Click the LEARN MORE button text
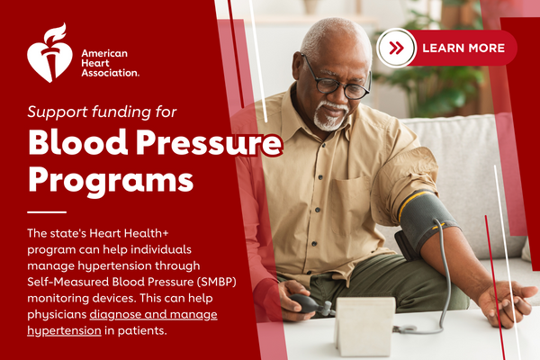463,48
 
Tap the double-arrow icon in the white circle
396,48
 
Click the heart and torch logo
49,53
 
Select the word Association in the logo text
110,73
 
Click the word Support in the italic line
58,112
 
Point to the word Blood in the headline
78,142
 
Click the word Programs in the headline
111,181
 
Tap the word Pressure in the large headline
209,142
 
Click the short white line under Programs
47,211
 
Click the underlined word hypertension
64,330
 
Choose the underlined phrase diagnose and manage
153,315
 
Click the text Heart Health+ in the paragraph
129,233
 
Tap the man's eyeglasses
336,80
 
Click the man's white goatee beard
329,116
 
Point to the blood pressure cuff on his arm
426,220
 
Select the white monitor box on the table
365,326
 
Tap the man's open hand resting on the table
504,302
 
